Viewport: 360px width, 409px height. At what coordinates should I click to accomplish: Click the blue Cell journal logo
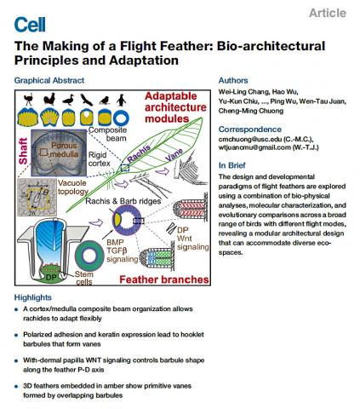click(30, 25)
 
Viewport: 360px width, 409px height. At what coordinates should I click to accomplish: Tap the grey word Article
click(328, 13)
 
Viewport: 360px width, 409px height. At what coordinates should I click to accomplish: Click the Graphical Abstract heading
click(49, 80)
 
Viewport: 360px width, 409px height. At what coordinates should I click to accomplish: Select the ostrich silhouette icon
click(28, 100)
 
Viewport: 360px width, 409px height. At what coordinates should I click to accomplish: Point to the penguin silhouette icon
click(122, 100)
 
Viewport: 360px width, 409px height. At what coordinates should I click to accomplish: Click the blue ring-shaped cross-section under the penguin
click(121, 118)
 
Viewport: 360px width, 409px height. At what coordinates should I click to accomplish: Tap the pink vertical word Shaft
click(23, 151)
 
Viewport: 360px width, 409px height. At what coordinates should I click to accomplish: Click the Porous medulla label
click(64, 150)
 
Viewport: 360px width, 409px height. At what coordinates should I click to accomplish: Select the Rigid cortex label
click(99, 159)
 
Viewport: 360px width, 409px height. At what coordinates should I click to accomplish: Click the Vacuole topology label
click(73, 187)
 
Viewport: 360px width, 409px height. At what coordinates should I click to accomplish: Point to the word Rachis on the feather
click(139, 153)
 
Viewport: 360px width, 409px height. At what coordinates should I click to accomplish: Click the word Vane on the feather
click(174, 155)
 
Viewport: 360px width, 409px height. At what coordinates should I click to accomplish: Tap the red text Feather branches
click(164, 279)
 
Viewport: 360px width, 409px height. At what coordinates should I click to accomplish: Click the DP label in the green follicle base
click(51, 277)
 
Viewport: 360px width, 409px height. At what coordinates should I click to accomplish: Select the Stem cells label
click(84, 278)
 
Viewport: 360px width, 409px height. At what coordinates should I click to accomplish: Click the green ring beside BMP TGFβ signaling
click(89, 256)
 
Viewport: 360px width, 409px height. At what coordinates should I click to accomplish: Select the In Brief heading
click(232, 165)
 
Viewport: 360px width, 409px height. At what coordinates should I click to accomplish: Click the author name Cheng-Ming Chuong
click(251, 111)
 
